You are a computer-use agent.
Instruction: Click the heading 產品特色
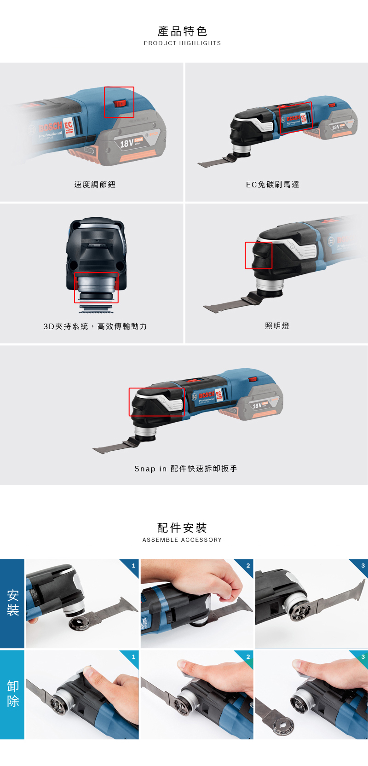click(182, 31)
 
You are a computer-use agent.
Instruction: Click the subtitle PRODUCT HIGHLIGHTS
click(182, 43)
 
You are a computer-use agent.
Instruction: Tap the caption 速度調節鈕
click(95, 185)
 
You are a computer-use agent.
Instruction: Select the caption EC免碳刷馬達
click(272, 185)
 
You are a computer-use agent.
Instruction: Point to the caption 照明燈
click(277, 326)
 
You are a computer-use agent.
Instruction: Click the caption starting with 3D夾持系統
click(95, 326)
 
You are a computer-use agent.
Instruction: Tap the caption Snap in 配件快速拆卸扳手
click(185, 469)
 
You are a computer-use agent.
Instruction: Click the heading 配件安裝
click(182, 528)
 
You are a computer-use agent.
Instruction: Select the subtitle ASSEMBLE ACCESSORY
click(182, 540)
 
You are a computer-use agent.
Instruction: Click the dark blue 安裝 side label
click(12, 603)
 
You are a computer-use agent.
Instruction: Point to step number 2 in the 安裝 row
click(248, 566)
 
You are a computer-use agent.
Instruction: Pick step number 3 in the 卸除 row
click(363, 656)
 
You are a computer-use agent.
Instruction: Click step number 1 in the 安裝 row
click(133, 566)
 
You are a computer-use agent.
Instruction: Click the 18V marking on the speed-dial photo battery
click(126, 143)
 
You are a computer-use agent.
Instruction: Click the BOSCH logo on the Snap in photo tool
click(207, 395)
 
